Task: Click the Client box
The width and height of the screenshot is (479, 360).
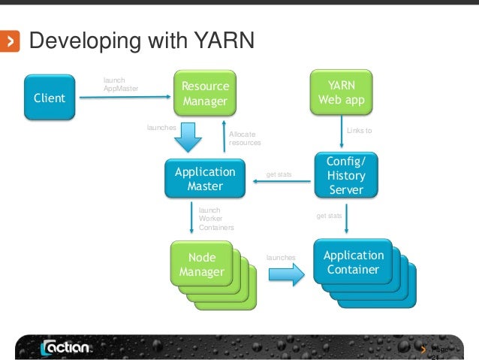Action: coord(49,98)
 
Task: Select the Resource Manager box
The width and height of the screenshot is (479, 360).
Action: coord(205,94)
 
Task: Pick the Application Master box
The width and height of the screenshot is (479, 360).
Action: coord(204,178)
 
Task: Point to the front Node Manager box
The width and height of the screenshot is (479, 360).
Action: coord(201,265)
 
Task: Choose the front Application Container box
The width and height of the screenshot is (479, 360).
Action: coord(353,262)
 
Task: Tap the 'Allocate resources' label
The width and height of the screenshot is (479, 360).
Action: coord(244,138)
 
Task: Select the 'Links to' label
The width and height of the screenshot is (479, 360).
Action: coord(359,131)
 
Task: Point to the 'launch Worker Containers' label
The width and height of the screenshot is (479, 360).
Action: coord(215,219)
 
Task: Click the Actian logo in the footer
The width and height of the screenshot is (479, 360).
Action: coord(65,348)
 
